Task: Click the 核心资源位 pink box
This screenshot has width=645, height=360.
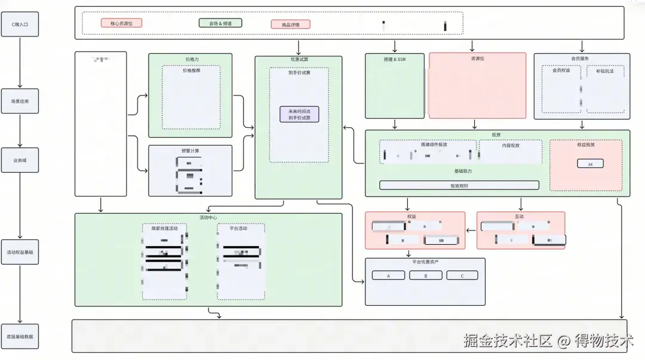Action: click(x=121, y=23)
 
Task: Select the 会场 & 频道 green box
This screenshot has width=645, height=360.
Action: click(x=220, y=23)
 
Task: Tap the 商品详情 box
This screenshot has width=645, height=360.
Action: click(x=290, y=24)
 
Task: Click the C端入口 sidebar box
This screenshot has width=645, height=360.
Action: click(x=20, y=24)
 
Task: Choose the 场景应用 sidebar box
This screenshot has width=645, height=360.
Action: click(x=20, y=101)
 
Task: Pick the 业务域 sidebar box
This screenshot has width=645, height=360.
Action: click(x=20, y=160)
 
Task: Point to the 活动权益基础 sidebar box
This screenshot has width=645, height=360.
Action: click(x=20, y=253)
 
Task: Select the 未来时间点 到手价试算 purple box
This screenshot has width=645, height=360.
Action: click(x=299, y=115)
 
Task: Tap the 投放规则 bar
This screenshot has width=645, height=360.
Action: click(x=459, y=186)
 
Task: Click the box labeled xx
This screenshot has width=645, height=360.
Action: click(x=590, y=164)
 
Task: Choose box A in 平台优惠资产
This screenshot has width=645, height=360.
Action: click(x=388, y=276)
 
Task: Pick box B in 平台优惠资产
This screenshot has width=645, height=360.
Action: click(x=425, y=276)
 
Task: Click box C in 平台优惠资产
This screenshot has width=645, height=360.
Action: click(x=462, y=276)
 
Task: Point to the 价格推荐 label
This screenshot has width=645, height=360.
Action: click(x=191, y=70)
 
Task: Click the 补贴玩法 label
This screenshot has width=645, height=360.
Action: click(x=604, y=70)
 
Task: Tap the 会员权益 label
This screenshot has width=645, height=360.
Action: click(x=561, y=70)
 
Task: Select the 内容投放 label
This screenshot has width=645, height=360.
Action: click(x=511, y=145)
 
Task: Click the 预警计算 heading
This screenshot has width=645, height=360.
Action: click(x=190, y=150)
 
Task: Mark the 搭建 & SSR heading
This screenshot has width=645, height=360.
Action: click(x=394, y=59)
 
